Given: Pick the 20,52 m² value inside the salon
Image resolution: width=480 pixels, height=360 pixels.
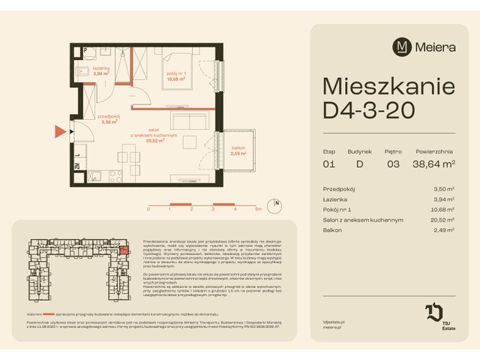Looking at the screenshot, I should click(155, 139).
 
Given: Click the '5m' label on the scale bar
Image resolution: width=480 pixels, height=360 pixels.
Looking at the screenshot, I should click(258, 210).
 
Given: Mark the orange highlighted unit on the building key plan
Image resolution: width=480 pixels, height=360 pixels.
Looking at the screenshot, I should click(124, 251).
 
